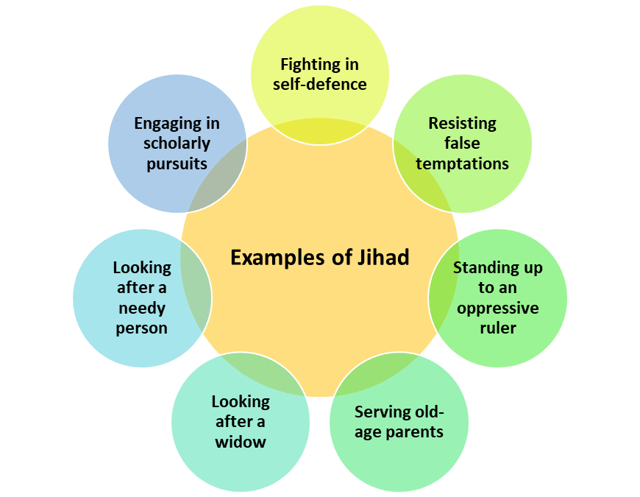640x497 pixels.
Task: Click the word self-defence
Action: coord(319,84)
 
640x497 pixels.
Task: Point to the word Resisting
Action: coord(462,123)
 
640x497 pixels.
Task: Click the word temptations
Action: coord(462,163)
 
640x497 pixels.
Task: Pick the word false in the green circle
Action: coord(462,143)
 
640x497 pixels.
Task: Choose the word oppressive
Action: coord(497,307)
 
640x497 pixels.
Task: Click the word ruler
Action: coord(497,327)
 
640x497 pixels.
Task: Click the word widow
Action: coord(241,442)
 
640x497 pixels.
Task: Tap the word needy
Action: coord(141,308)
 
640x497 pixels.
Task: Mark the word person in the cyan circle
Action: coord(141,328)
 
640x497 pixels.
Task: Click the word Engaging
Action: coord(177,124)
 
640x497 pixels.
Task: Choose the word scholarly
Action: coord(177,144)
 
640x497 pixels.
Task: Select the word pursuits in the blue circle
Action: coord(177,163)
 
